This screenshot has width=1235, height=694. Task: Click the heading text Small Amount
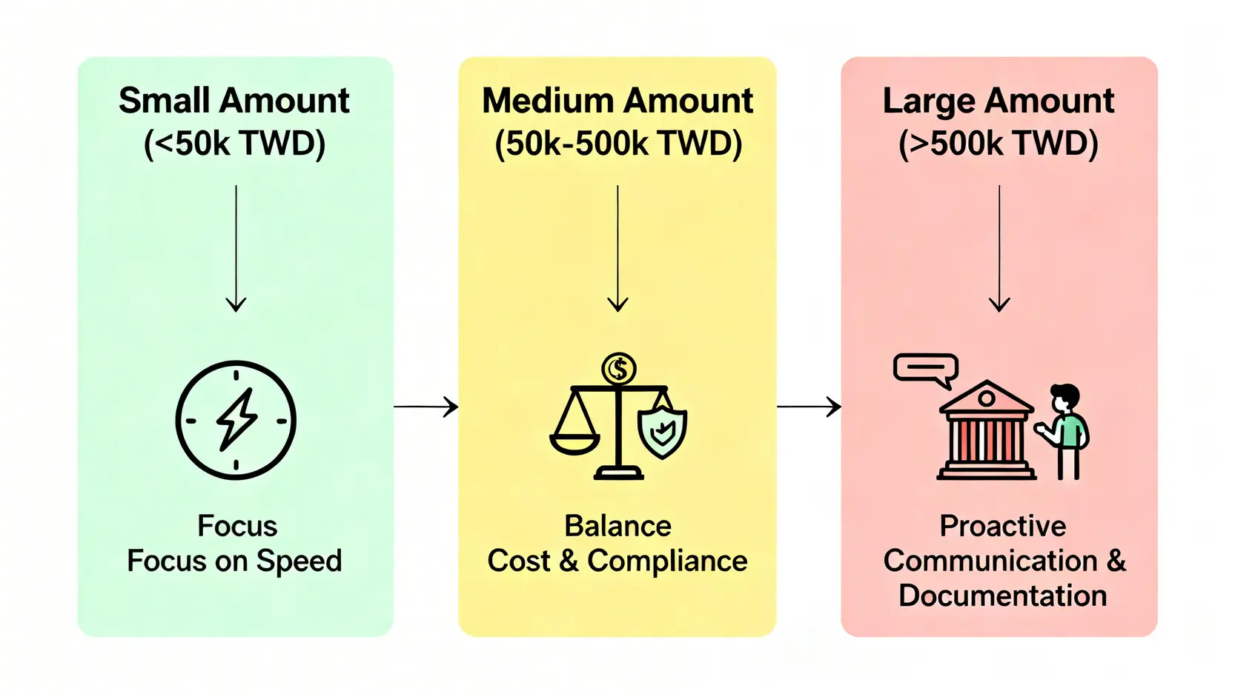[234, 101]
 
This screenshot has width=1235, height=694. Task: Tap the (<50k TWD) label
[234, 144]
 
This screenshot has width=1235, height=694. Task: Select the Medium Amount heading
[617, 101]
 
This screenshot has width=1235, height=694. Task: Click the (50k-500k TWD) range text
[617, 144]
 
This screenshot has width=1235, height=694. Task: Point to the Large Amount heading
[998, 101]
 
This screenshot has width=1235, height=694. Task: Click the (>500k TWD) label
[998, 144]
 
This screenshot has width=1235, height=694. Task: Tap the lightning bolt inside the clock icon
[236, 419]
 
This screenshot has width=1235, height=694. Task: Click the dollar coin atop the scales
[618, 368]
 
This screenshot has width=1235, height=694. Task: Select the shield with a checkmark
[662, 431]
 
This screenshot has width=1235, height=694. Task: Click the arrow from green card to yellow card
[426, 407]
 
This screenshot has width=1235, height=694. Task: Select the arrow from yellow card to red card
[808, 407]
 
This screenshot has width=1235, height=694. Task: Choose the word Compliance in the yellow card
[667, 561]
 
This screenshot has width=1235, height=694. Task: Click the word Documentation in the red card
[1002, 596]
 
